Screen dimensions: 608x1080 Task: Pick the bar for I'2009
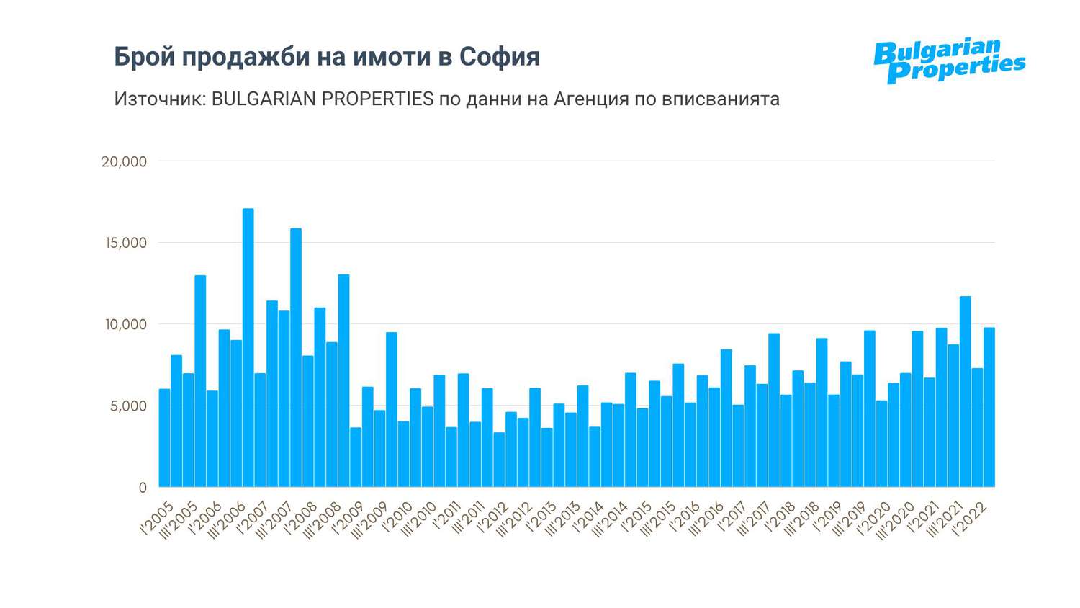pyautogui.click(x=356, y=457)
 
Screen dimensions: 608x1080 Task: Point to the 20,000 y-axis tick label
pyautogui.click(x=124, y=162)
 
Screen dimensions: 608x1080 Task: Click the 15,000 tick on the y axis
pyautogui.click(x=126, y=243)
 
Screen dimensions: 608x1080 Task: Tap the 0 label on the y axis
pyautogui.click(x=143, y=488)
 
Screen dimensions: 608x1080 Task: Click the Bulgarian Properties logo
pyautogui.click(x=949, y=61)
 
